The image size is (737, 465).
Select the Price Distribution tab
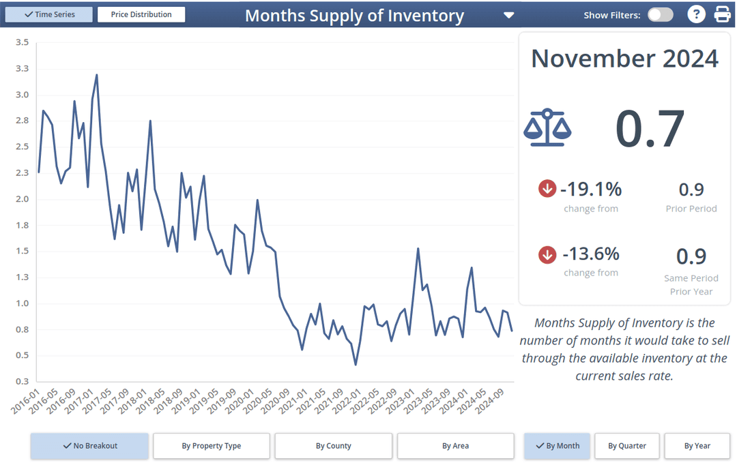click(141, 14)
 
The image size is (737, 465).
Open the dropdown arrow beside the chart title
click(508, 15)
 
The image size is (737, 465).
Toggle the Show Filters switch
click(660, 15)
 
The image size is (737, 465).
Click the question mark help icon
click(695, 14)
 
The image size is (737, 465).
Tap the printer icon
click(722, 14)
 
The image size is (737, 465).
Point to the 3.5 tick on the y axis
click(22, 42)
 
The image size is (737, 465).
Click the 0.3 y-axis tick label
click(22, 381)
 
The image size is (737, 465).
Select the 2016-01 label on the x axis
click(25, 402)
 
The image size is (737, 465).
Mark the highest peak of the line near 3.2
click(97, 75)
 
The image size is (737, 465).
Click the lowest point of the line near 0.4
click(356, 365)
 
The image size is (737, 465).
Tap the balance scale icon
click(547, 127)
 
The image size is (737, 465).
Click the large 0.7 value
click(650, 128)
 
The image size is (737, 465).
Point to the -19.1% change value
click(590, 189)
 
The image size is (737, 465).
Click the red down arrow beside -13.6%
click(547, 254)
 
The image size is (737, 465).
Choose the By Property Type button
click(211, 446)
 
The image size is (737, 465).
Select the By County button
click(333, 446)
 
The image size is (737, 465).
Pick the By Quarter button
click(626, 446)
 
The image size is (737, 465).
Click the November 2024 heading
click(624, 59)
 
